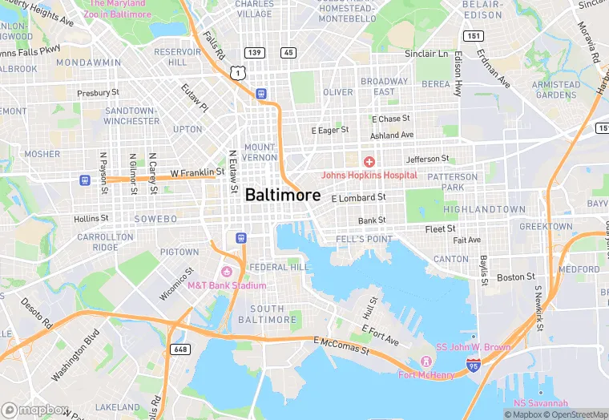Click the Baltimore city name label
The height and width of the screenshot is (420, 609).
pos(282,195)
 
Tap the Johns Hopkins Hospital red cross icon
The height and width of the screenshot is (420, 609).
pos(369,162)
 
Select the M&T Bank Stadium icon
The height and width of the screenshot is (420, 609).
pos(227,272)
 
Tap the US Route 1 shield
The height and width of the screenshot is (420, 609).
pos(236,73)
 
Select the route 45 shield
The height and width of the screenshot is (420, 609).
pos(288,52)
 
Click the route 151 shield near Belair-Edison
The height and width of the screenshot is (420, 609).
pos(474,35)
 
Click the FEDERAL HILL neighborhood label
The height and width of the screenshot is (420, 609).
pos(279,267)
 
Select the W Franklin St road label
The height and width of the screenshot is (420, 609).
pos(197,172)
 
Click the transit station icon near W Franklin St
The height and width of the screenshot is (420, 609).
pos(84,180)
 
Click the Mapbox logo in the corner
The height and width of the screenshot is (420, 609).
pos(34,409)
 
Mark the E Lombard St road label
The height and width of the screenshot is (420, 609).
pos(358,197)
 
